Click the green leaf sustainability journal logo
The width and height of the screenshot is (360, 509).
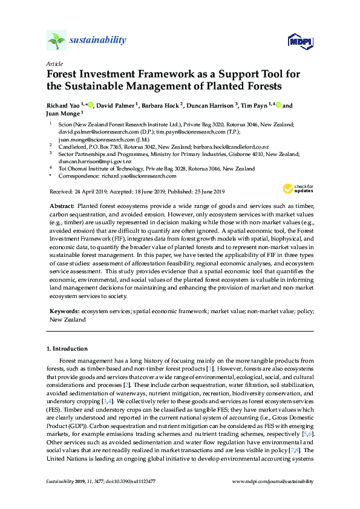[x=57, y=41]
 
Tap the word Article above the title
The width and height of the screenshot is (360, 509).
[x=54, y=63]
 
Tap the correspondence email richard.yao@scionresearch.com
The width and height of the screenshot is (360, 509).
[x=139, y=176]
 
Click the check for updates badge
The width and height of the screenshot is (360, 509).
[x=297, y=189]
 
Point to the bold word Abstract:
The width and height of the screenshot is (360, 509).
[x=62, y=207]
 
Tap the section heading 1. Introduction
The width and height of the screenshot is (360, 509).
[x=67, y=349]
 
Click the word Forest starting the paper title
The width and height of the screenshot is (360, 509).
[x=63, y=74]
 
